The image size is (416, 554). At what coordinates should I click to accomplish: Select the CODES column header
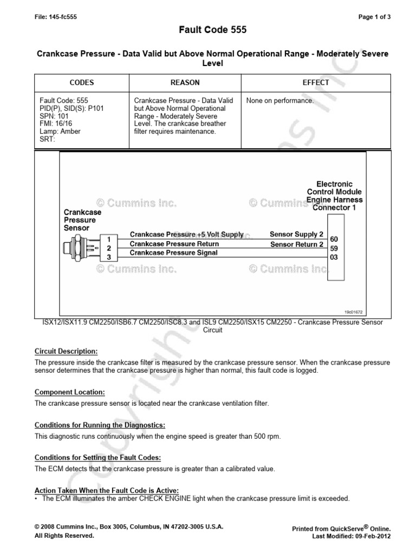(82, 83)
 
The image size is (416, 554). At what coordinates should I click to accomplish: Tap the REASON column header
(185, 83)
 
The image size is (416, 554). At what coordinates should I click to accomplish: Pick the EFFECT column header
(316, 83)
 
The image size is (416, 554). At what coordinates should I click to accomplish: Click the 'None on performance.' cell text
(279, 101)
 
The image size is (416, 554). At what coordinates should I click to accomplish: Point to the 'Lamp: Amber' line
(59, 131)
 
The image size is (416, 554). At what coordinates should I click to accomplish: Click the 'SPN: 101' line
(54, 116)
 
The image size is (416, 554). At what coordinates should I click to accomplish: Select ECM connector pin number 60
(334, 239)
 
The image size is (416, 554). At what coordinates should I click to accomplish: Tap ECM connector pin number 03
(334, 257)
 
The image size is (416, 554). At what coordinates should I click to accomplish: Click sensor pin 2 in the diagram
(109, 248)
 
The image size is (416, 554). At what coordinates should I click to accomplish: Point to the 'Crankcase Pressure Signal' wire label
(174, 253)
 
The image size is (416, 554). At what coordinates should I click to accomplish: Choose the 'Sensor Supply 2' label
(296, 234)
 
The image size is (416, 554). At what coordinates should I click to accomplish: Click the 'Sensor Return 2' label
(297, 245)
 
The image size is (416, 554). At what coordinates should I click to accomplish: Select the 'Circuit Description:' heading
(66, 351)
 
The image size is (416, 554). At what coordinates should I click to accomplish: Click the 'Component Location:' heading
(70, 392)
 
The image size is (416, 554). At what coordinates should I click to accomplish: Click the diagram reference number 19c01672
(355, 312)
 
